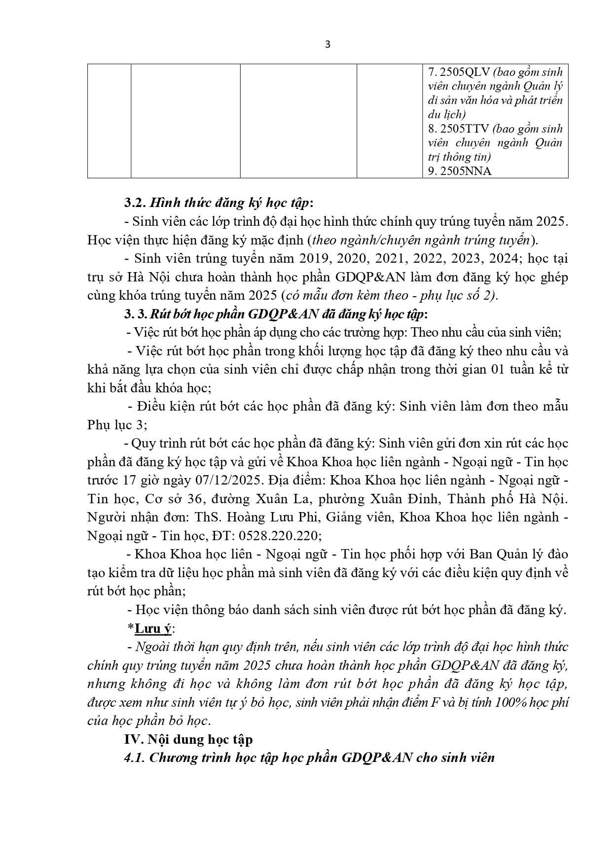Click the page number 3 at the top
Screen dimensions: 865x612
328,45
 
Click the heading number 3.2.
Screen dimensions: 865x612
134,203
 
